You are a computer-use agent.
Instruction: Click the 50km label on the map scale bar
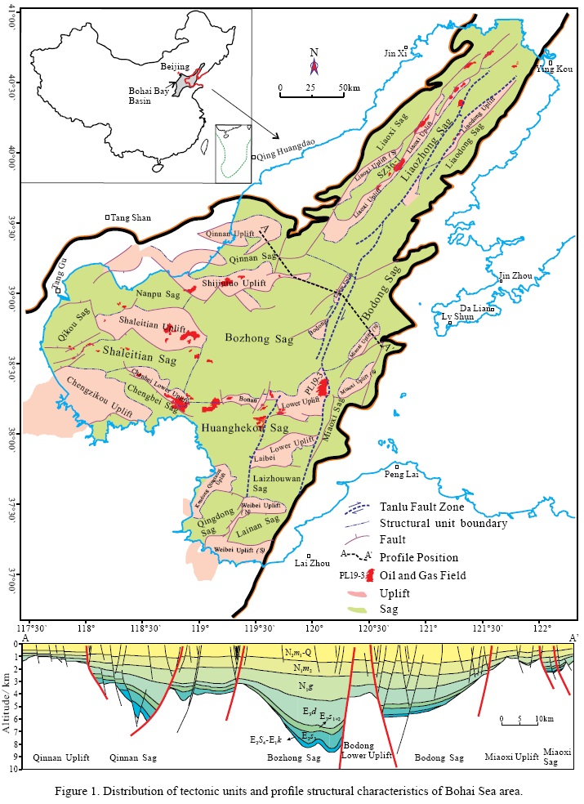point(349,87)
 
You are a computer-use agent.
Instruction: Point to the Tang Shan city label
point(130,217)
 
